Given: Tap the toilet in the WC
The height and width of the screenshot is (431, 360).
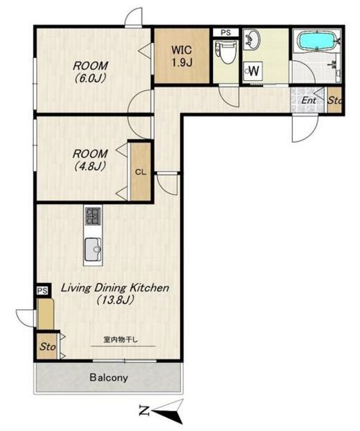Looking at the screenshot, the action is (226, 53).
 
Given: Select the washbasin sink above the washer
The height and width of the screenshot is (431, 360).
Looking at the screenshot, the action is (251, 39).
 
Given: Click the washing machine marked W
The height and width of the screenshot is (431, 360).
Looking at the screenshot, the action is (253, 71).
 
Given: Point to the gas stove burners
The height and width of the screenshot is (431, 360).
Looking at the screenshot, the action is (93, 215).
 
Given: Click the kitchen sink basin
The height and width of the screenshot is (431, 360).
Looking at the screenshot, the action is (93, 249).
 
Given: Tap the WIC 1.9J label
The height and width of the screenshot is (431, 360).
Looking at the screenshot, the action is (182, 57).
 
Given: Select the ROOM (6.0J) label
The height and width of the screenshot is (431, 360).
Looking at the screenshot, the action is (90, 72).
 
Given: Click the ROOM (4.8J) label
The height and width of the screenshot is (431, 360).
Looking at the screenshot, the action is (90, 160).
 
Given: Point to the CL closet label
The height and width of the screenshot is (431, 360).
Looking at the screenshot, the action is (141, 172).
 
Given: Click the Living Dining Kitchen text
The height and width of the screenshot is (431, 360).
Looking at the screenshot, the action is (115, 288).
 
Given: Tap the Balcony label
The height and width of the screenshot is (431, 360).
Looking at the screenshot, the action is (109, 378).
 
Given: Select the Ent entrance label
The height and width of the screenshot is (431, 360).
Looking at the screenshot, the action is (309, 100).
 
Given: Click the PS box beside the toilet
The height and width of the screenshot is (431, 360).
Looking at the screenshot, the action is (226, 32).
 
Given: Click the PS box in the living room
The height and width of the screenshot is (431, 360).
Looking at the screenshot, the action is (42, 291).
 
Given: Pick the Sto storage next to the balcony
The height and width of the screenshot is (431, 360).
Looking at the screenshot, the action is (47, 347).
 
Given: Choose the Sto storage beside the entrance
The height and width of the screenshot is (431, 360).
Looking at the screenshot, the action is (334, 100).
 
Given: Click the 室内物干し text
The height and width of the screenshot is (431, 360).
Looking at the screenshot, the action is (121, 339).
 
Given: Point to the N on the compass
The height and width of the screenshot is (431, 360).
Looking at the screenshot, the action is (144, 410).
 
